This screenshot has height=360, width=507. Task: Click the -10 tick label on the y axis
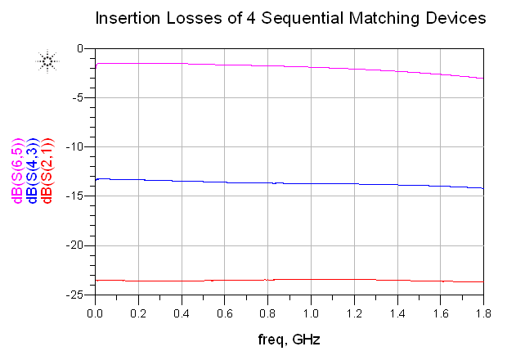78,147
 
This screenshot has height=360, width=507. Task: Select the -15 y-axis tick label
78,196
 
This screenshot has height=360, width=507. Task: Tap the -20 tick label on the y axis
78,245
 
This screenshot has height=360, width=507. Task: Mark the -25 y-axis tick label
78,295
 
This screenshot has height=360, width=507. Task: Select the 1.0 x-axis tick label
311,313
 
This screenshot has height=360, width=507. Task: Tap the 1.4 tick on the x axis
397,313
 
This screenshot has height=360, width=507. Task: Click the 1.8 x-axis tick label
482,313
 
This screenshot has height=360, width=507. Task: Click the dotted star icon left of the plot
47,61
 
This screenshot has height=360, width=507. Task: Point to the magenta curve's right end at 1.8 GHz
482,79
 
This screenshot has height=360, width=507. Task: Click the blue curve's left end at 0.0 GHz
96,179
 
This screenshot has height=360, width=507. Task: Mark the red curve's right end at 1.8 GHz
482,281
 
